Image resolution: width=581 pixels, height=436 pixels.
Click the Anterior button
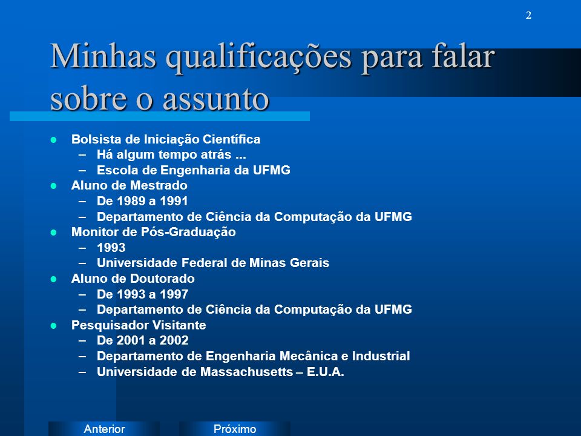click(104, 429)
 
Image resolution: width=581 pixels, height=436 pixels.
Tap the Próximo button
click(235, 429)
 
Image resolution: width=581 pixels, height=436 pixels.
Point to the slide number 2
click(528, 15)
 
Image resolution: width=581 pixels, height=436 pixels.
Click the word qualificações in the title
click(258, 57)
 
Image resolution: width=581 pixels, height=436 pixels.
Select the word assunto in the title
click(215, 99)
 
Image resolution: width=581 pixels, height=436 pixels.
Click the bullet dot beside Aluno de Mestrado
click(53, 186)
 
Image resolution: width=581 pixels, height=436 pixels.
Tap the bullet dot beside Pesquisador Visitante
click(53, 326)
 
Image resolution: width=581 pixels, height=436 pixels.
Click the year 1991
click(174, 201)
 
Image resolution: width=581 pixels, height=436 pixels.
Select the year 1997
click(174, 294)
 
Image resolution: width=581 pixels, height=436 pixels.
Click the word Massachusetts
click(247, 371)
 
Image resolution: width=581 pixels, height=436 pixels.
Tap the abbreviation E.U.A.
click(326, 371)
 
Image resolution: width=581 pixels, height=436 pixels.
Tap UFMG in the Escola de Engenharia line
click(272, 170)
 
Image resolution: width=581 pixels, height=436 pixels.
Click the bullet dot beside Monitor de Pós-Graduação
click(53, 233)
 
